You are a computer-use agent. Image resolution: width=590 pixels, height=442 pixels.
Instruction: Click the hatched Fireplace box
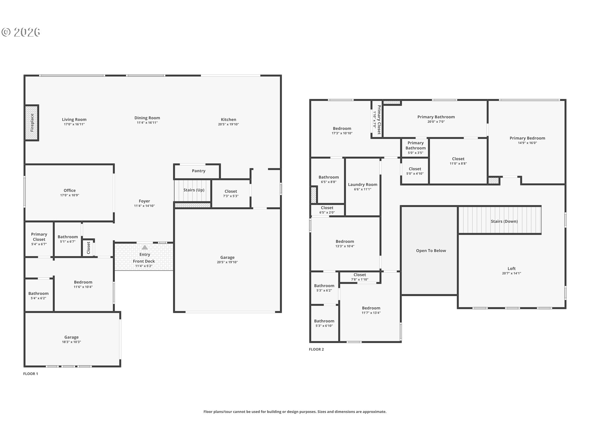click(32, 123)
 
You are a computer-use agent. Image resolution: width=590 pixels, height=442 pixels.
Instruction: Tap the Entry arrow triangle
click(145, 247)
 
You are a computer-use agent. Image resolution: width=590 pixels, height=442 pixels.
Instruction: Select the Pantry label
click(199, 171)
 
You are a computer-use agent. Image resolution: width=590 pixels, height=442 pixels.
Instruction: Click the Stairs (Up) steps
click(192, 191)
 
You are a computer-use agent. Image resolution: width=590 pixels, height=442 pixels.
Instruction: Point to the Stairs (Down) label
click(504, 221)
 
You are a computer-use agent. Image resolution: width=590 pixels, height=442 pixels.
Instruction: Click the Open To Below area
click(429, 251)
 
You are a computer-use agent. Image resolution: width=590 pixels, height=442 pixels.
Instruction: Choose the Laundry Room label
click(363, 184)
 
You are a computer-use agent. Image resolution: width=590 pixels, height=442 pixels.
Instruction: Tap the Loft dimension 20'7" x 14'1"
click(512, 273)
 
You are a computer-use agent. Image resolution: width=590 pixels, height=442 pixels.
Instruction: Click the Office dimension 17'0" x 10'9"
click(70, 195)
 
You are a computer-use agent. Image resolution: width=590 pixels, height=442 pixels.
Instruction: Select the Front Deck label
click(144, 261)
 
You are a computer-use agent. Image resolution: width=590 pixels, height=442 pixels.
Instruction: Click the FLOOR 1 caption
click(30, 374)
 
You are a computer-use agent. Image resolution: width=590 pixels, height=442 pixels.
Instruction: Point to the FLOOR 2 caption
click(316, 349)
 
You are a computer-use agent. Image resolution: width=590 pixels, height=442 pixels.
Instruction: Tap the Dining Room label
click(147, 118)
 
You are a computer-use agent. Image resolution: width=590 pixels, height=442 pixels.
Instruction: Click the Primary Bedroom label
click(527, 138)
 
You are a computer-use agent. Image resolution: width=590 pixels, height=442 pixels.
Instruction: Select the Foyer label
click(144, 201)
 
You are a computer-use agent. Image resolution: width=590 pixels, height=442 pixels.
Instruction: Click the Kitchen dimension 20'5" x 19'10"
click(228, 124)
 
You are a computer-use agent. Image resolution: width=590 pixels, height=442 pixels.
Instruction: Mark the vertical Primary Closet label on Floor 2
click(379, 120)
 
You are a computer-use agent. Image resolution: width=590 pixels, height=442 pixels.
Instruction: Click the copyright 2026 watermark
click(21, 32)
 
